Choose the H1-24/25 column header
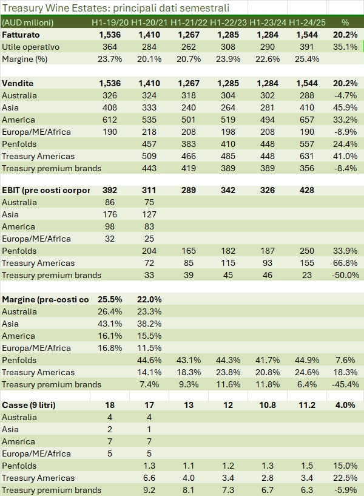pyautogui.click(x=308, y=22)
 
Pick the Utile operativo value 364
pyautogui.click(x=110, y=47)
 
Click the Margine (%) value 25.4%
pyautogui.click(x=308, y=59)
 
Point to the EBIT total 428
pyautogui.click(x=307, y=190)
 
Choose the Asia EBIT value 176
pyautogui.click(x=110, y=214)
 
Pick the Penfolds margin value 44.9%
pyautogui.click(x=308, y=360)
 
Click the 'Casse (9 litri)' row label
pyautogui.click(x=29, y=405)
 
